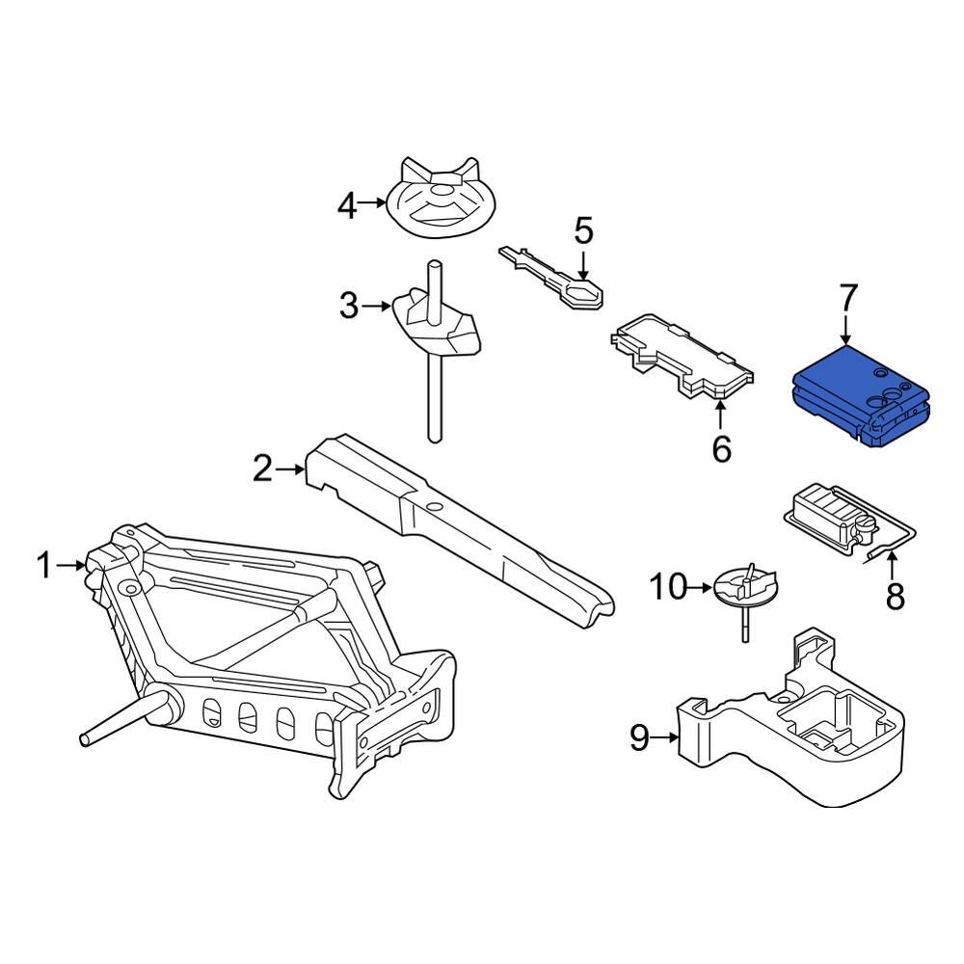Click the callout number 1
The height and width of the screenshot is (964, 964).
pos(44,566)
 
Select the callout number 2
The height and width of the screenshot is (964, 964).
pos(263,469)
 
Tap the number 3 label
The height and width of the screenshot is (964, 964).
pos(348,307)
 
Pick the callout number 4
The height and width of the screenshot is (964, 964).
pos(347,204)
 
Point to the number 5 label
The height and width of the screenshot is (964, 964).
pos(584,231)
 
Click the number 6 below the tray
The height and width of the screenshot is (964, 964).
pos(721,449)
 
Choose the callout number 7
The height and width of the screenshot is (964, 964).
pos(847,298)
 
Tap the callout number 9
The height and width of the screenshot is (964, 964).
pos(640,738)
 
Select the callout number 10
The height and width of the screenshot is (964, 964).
pos(668,585)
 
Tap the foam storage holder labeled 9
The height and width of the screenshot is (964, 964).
pos(800,733)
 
